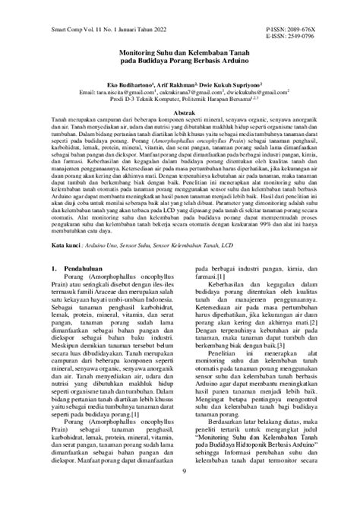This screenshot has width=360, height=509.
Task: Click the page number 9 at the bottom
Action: [x=180, y=493]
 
